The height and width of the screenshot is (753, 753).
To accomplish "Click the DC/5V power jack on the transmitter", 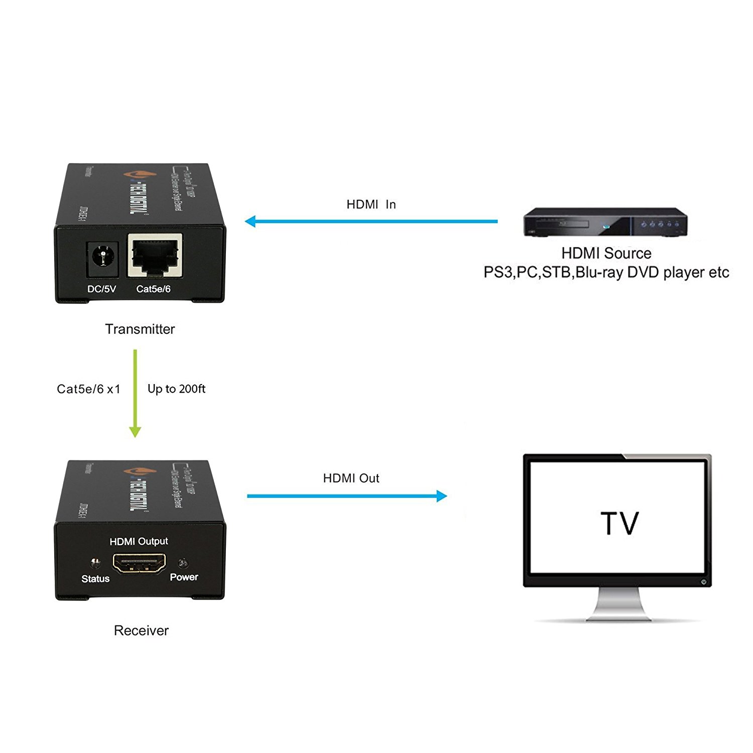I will click(103, 259).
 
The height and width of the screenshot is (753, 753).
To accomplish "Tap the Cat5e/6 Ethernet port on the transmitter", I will click(155, 255).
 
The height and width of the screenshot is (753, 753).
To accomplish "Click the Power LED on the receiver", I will click(183, 562).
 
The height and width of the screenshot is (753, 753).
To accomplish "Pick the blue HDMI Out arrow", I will click(346, 496).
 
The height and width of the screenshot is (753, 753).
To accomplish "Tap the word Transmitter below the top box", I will click(140, 329).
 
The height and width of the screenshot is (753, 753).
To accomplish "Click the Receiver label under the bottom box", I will click(141, 631).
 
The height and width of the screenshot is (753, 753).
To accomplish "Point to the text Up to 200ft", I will click(176, 389).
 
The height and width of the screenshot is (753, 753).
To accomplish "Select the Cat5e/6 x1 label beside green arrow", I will click(88, 389).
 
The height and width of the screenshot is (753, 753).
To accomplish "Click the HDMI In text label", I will click(371, 204).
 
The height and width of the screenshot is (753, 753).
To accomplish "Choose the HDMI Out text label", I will click(351, 478).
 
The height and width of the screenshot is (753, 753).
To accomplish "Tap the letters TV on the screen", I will click(619, 523).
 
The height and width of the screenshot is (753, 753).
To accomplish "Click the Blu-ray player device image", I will click(604, 222).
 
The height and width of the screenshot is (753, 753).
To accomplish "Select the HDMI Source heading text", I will click(606, 253).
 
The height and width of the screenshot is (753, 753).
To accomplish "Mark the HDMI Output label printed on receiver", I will click(139, 541).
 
